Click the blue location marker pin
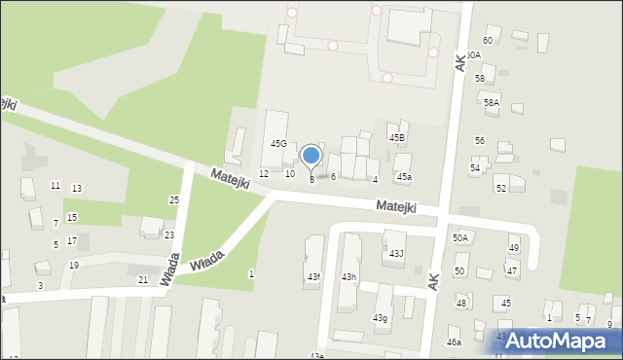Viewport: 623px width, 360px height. (x=311, y=156)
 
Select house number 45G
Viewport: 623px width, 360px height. (x=278, y=144)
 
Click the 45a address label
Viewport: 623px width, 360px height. (x=404, y=177)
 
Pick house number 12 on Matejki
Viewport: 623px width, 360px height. (x=264, y=173)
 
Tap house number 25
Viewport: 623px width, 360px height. (x=174, y=199)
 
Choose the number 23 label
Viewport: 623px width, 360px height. (x=169, y=235)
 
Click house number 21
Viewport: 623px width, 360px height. (x=143, y=280)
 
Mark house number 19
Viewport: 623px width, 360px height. (x=74, y=266)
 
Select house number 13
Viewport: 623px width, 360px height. (x=77, y=189)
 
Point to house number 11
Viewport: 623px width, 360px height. (x=55, y=185)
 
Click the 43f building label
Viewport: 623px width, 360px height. (x=313, y=278)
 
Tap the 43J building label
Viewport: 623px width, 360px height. (x=396, y=254)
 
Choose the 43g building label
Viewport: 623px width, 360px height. (x=379, y=318)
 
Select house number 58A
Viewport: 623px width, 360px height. (x=492, y=102)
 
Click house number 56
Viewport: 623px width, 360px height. (x=480, y=141)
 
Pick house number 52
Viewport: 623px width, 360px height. (x=501, y=188)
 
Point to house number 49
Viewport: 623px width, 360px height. (x=513, y=249)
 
